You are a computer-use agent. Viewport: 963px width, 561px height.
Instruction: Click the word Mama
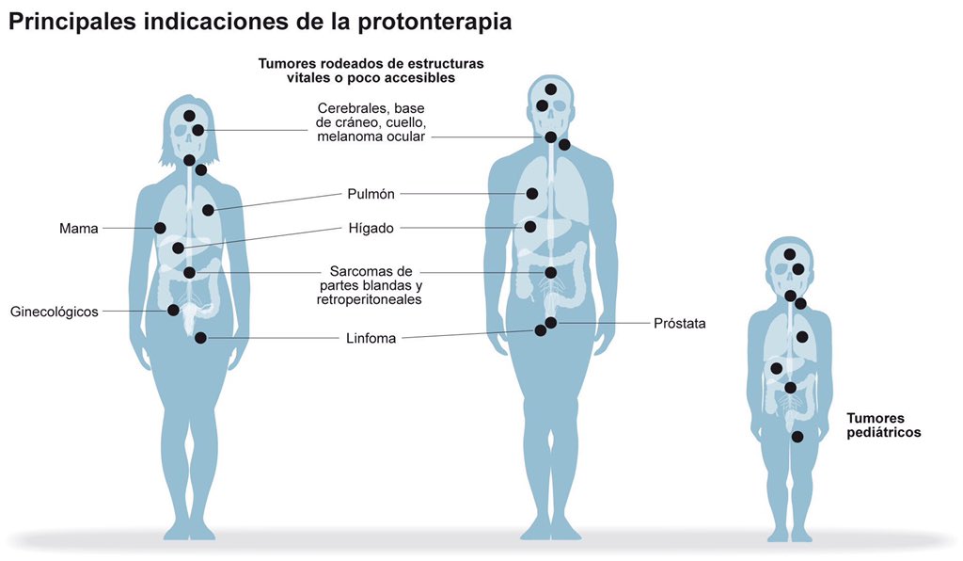tap(78, 228)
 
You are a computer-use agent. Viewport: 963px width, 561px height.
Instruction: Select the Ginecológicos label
tap(54, 312)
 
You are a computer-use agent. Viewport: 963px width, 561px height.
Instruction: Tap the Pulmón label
tap(371, 194)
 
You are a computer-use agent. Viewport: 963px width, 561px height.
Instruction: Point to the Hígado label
tap(371, 228)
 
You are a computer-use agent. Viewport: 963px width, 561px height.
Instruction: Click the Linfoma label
tap(371, 338)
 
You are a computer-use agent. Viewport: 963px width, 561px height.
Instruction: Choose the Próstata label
tap(679, 323)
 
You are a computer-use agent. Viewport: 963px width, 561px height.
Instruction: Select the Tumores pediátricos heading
tap(883, 425)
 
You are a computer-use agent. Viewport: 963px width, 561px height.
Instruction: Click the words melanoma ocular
tap(371, 136)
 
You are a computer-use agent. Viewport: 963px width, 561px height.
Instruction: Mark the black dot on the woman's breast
tap(160, 228)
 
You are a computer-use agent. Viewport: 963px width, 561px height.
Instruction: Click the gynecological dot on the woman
tap(173, 310)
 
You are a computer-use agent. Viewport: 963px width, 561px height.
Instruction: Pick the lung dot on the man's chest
tap(531, 194)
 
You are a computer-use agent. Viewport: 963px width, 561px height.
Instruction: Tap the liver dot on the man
tap(530, 227)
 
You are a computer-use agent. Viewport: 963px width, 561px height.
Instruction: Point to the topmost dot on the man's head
tap(550, 89)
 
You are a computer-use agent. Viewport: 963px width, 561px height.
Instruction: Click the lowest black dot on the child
tap(797, 437)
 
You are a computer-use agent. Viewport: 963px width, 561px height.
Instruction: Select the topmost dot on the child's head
tap(790, 254)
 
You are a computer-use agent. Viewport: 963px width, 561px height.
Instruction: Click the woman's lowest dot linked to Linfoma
tap(200, 338)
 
